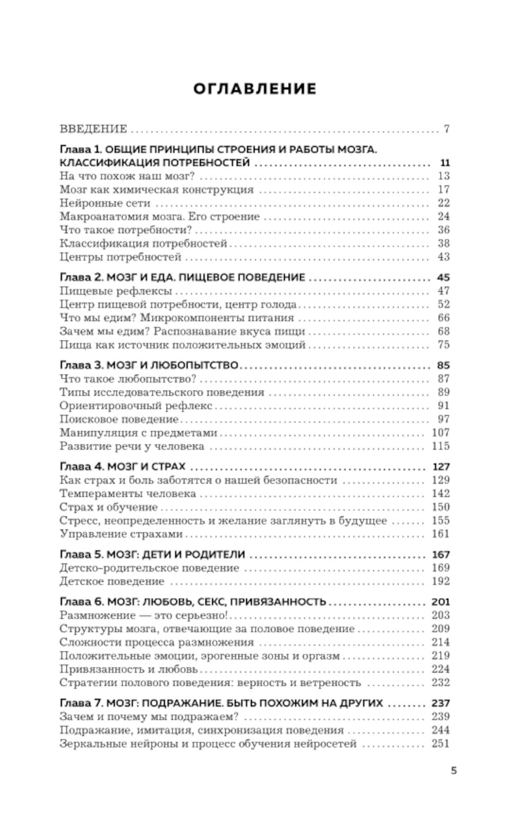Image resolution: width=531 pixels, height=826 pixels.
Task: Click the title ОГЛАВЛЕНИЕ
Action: coord(254,89)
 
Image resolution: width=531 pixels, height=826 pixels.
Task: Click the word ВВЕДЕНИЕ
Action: coord(93,129)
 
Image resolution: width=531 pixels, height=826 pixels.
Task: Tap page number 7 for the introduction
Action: coord(447,129)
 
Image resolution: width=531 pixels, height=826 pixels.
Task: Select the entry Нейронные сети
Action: coord(105,203)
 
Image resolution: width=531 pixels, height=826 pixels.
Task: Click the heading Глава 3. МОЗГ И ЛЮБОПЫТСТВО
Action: coord(149,365)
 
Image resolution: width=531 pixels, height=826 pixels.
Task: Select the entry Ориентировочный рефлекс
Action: coord(136,406)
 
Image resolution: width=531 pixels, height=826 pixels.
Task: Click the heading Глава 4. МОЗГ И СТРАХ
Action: coord(123,467)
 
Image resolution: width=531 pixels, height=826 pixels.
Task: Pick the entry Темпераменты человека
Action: coord(128,494)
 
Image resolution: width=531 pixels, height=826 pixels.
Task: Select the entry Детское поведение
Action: coord(112,582)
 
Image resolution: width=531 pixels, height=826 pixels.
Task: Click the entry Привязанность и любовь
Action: coord(129,669)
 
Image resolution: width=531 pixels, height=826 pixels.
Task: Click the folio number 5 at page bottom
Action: coord(453,771)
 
